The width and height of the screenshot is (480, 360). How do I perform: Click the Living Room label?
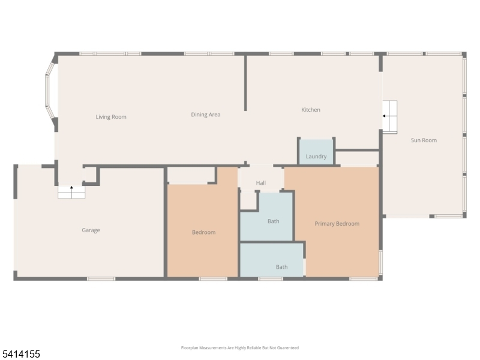(111, 117)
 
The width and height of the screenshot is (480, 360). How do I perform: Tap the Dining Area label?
(206, 115)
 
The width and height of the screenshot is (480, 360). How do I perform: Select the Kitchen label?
(311, 110)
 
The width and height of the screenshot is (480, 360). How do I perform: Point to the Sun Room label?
(424, 140)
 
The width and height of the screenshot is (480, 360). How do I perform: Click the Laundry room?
(316, 152)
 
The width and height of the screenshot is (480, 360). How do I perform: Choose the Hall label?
(261, 183)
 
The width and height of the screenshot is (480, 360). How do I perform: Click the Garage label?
(91, 230)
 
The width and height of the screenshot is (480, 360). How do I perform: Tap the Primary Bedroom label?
(337, 224)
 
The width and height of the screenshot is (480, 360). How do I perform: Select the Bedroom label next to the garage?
(203, 232)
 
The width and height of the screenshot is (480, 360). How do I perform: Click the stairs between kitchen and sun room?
(389, 116)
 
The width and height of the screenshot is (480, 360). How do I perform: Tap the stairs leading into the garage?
(71, 192)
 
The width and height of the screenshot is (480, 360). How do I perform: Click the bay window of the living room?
(50, 91)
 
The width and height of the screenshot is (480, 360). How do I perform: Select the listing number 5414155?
(20, 354)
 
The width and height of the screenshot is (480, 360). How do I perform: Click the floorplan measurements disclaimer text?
(239, 348)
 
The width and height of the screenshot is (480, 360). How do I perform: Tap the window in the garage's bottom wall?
(101, 279)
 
